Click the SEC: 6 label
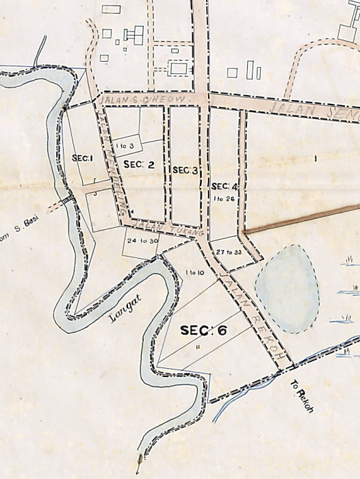pyautogui.click(x=203, y=331)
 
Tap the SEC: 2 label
pyautogui.click(x=135, y=164)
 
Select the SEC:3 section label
pyautogui.click(x=185, y=170)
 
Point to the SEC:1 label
pyautogui.click(x=81, y=158)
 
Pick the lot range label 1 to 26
pyautogui.click(x=224, y=198)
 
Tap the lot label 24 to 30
pyautogui.click(x=143, y=240)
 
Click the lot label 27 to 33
pyautogui.click(x=229, y=252)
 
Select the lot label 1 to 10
pyautogui.click(x=194, y=273)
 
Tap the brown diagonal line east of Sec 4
pyautogui.click(x=301, y=218)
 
